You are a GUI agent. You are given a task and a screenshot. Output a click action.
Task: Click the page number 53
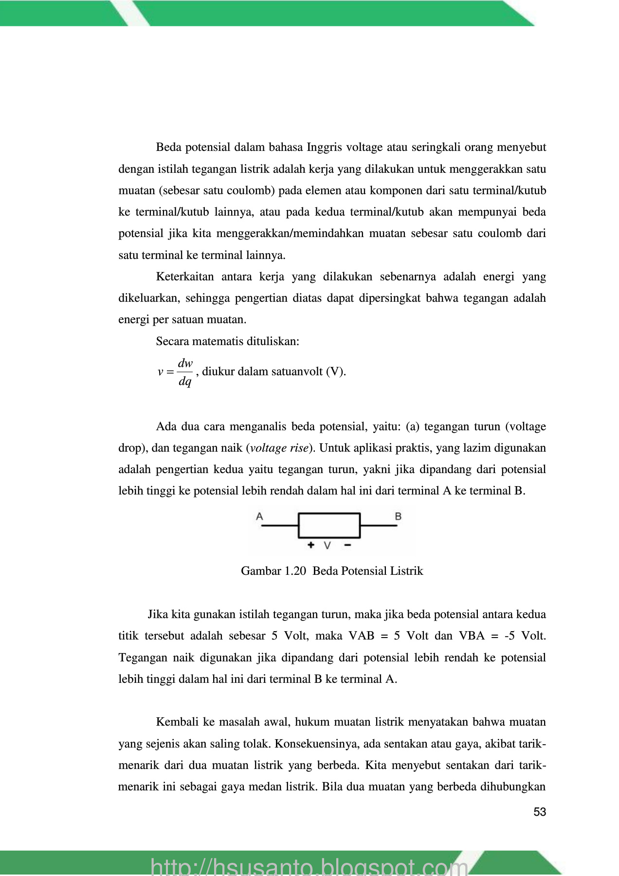[540, 812]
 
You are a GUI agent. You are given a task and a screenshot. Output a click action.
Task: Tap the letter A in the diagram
[260, 516]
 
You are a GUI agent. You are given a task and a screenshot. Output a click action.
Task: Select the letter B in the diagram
[398, 516]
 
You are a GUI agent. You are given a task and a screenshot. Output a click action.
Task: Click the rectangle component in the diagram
[329, 525]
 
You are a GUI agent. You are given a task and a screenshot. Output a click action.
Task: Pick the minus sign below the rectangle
[347, 545]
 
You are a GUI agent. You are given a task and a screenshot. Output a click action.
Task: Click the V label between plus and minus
[328, 546]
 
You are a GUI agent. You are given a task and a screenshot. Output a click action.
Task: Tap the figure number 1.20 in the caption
[294, 571]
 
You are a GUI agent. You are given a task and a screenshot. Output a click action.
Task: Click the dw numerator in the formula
[185, 364]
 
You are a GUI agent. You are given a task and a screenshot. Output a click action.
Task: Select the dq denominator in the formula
[185, 382]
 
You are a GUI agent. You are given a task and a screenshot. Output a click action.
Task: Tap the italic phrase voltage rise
[279, 448]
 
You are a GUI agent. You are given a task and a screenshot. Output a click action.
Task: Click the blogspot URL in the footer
[309, 866]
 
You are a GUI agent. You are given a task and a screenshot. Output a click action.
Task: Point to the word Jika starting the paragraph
[158, 614]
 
